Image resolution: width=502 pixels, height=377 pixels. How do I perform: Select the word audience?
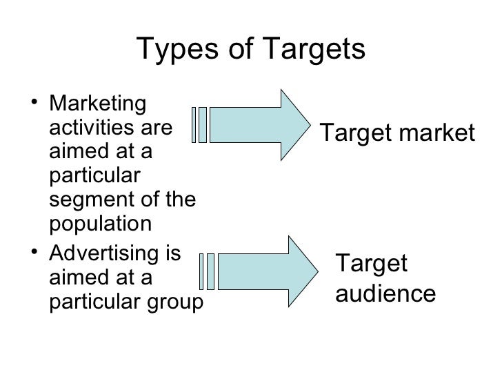coord(385,293)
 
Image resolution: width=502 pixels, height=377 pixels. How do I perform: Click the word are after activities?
coord(156,128)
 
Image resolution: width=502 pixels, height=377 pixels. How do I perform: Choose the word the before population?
coord(181,201)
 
